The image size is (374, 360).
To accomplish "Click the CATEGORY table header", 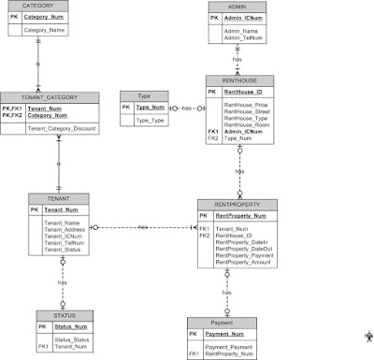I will coord(44,6).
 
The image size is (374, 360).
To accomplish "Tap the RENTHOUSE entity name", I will coord(239,80).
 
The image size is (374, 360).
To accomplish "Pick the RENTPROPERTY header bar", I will coord(237,203).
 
